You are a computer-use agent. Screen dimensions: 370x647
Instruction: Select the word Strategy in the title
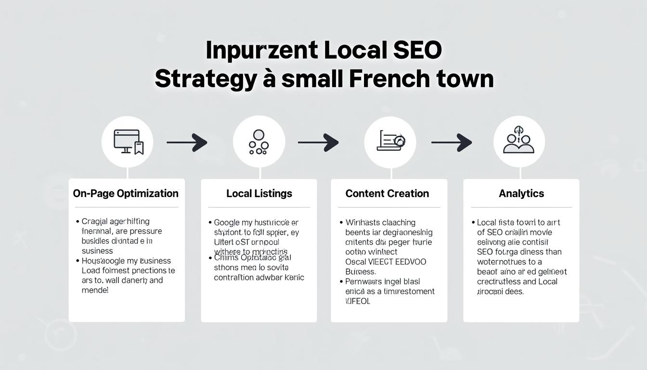pyautogui.click(x=205, y=79)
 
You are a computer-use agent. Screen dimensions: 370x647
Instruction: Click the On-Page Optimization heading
pyautogui.click(x=126, y=194)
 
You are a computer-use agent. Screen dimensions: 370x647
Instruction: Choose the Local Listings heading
pyautogui.click(x=259, y=194)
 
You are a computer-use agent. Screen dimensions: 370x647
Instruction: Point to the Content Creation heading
pyautogui.click(x=387, y=194)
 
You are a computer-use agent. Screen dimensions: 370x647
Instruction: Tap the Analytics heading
pyautogui.click(x=521, y=194)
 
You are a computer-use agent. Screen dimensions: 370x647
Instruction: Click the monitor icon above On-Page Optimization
pyautogui.click(x=128, y=142)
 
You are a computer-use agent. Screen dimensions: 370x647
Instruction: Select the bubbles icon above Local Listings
pyautogui.click(x=259, y=142)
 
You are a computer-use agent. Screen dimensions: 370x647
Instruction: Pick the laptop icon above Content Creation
pyautogui.click(x=390, y=141)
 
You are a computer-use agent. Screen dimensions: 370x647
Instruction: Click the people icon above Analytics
pyautogui.click(x=518, y=141)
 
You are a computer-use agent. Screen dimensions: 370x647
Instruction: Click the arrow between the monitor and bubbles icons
pyautogui.click(x=187, y=142)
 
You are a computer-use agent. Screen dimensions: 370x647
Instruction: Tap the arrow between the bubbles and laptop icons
pyautogui.click(x=318, y=142)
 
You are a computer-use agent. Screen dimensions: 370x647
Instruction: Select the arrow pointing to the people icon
pyautogui.click(x=451, y=142)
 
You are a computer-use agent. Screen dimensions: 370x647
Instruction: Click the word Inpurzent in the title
pyautogui.click(x=261, y=50)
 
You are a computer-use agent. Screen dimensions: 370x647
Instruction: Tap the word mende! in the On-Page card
pyautogui.click(x=95, y=291)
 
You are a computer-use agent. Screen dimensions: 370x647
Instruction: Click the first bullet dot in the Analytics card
pyautogui.click(x=473, y=223)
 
